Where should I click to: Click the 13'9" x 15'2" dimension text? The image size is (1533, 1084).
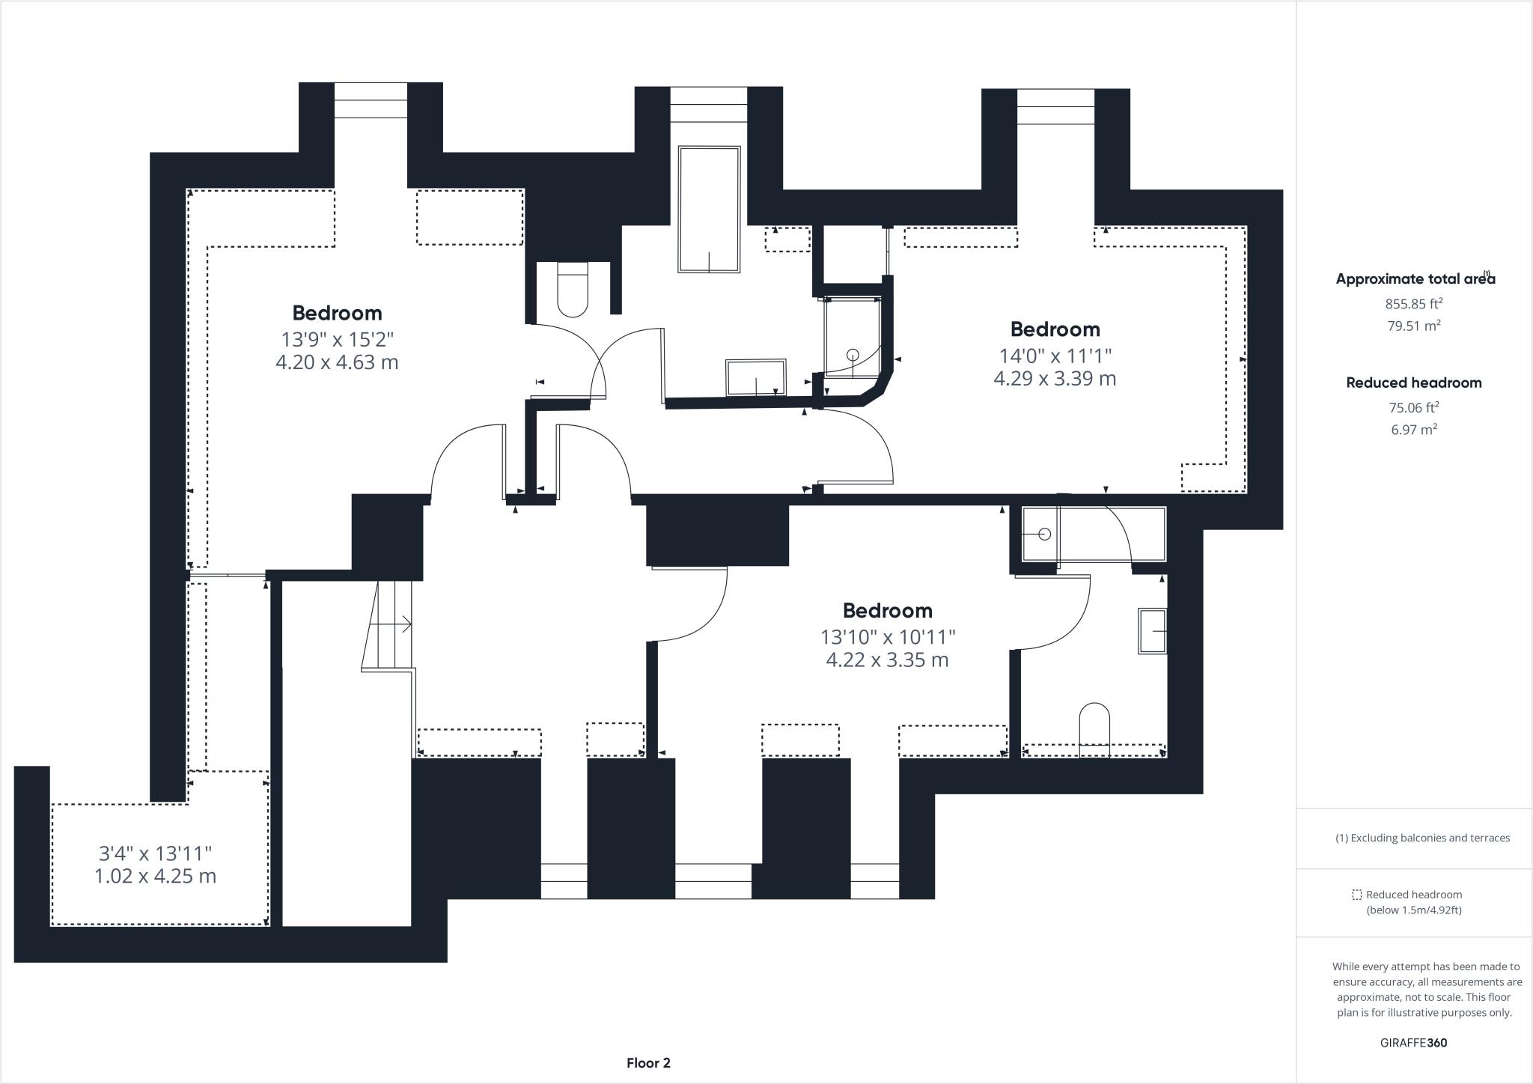coord(337,339)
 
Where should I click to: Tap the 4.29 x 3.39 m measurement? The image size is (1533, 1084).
coord(1055,379)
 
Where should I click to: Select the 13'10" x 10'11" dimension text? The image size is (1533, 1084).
coord(888,637)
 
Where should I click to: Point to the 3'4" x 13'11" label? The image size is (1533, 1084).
coord(156,853)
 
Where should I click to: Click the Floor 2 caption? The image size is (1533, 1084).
coord(648,1063)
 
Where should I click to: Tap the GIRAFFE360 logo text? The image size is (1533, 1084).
coord(1413,1043)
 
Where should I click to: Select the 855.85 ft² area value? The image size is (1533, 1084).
coord(1413,303)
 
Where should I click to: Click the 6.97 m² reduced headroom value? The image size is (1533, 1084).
coord(1413,429)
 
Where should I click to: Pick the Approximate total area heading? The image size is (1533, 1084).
coord(1415,278)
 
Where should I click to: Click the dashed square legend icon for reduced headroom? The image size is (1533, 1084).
coord(1356,895)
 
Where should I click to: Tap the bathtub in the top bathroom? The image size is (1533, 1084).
coord(709,209)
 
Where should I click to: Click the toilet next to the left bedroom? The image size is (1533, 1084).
coord(573,289)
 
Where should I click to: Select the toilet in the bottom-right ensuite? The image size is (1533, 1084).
coord(1094,728)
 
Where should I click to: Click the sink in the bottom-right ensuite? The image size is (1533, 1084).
coord(1152,631)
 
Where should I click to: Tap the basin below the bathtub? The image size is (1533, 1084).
coord(755,378)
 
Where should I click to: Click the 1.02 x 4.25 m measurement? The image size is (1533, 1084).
coord(156,876)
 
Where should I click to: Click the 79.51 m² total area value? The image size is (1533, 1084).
coord(1413,325)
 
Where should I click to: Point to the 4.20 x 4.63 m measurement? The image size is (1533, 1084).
coord(337,362)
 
